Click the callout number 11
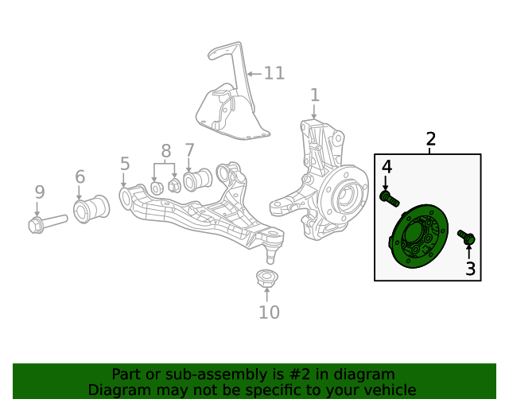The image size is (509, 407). [274, 73]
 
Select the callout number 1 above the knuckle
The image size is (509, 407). [315, 95]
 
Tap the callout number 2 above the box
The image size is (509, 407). [430, 139]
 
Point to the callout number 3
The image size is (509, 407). [470, 269]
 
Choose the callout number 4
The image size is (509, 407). [386, 166]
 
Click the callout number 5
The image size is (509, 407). [125, 164]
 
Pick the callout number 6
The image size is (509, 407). [80, 176]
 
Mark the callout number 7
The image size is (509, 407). [189, 149]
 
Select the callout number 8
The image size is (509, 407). [165, 150]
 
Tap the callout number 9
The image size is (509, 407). [39, 191]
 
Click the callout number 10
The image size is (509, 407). [269, 312]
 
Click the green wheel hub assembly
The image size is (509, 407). [416, 237]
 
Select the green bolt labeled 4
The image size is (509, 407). [389, 198]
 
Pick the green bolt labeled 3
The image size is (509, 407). [466, 237]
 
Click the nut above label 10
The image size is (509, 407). [266, 280]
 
